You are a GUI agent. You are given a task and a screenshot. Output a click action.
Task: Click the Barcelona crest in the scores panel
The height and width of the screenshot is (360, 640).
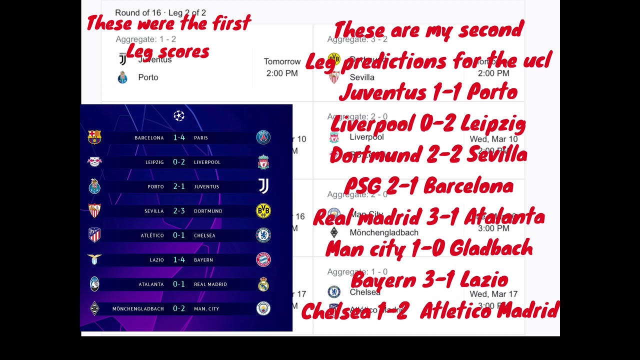coord(94,137)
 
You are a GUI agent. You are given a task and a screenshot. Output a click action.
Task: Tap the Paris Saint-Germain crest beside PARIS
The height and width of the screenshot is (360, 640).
coord(263,137)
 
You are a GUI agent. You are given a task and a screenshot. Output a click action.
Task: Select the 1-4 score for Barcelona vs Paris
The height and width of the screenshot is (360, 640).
coord(179,137)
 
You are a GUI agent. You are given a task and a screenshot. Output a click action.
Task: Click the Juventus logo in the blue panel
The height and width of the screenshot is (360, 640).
coord(263,186)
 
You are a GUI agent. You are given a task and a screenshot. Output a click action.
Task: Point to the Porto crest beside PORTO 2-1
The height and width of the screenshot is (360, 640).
coord(94,186)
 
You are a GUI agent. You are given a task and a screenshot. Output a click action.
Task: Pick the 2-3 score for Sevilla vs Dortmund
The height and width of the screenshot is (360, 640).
coord(179,211)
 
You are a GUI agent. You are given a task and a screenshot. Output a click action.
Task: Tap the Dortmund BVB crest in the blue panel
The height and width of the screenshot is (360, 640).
coord(263,211)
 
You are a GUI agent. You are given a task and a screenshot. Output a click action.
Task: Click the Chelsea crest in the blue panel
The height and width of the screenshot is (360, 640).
coord(263,235)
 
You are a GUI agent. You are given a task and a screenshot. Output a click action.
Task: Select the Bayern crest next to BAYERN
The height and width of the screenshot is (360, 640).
coord(263,259)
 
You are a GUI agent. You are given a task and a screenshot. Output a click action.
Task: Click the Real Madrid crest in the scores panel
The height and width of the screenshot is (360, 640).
coord(263,284)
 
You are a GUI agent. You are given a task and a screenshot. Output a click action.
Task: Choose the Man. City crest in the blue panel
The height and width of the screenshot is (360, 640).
coord(263,308)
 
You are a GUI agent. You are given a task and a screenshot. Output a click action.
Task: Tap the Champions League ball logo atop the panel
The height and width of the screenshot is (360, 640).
coord(179,116)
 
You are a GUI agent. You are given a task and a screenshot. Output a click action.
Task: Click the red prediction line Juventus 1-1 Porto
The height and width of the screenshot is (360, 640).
coord(428,92)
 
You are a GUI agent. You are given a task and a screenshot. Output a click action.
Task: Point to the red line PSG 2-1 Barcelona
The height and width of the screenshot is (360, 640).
coord(428,186)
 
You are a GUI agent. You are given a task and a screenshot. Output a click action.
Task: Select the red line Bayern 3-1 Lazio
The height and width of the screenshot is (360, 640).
coord(429,280)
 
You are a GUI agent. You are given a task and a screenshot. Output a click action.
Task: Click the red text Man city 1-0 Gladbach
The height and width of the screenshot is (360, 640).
coord(428,248)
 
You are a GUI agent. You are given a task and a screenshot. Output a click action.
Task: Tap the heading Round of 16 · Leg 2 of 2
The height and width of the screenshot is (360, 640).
coord(160,13)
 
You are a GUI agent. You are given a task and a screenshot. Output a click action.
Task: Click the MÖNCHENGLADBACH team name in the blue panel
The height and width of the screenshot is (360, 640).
coord(138,309)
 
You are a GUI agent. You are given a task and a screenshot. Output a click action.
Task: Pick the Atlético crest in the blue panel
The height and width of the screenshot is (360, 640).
coord(94,235)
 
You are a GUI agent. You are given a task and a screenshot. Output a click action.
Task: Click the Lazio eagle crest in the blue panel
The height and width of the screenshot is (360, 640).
coord(94,259)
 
